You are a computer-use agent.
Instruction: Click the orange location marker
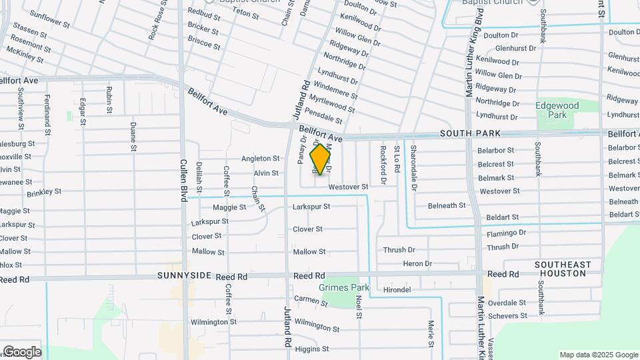pos(321,159)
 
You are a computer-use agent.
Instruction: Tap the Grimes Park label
pos(344,287)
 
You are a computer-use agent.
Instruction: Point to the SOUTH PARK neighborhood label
pos(470,134)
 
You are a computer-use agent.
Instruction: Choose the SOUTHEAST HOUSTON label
pos(563,269)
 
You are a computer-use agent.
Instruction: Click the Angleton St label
pos(260,159)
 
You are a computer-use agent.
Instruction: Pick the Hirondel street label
pos(397,290)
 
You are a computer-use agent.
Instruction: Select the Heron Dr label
pos(417,264)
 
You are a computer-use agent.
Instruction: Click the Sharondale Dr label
pos(413,168)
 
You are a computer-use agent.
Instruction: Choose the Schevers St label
pos(507,316)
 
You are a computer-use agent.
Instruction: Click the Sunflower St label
pos(50,18)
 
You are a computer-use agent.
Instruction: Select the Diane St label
pos(133,135)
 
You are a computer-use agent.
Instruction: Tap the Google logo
pos(21,352)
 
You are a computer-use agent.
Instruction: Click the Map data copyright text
pos(598,355)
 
